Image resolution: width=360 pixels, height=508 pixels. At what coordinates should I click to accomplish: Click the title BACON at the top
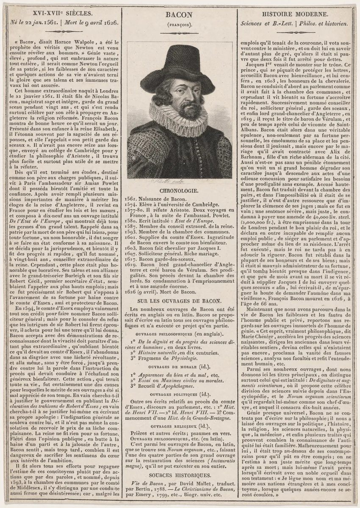(180, 14)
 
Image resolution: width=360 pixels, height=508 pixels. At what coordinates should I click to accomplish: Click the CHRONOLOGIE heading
(180, 191)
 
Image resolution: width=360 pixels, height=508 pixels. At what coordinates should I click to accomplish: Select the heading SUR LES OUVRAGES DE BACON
(180, 301)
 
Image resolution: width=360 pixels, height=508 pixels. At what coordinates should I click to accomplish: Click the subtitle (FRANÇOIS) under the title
(180, 24)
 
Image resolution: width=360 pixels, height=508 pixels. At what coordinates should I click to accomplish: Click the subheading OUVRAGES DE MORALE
(180, 367)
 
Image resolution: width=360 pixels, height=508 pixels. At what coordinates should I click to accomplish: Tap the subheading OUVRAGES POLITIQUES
(180, 393)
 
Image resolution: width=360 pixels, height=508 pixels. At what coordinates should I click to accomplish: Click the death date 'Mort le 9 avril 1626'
(91, 24)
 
